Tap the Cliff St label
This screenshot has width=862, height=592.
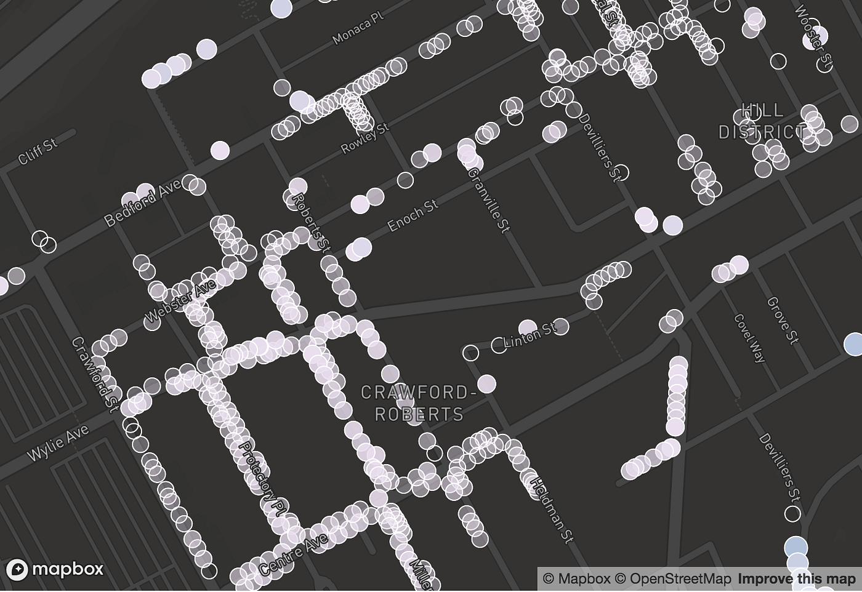38,151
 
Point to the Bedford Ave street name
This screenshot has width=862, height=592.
142,202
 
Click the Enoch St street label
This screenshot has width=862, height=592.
413,215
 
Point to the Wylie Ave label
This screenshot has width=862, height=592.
58,442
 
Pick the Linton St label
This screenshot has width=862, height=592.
529,335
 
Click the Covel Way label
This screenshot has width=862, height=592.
750,338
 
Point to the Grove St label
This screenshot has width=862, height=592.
782,320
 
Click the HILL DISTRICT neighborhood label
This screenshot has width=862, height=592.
762,121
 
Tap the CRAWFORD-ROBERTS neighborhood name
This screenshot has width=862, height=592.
419,403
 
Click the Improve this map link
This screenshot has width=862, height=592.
797,579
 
